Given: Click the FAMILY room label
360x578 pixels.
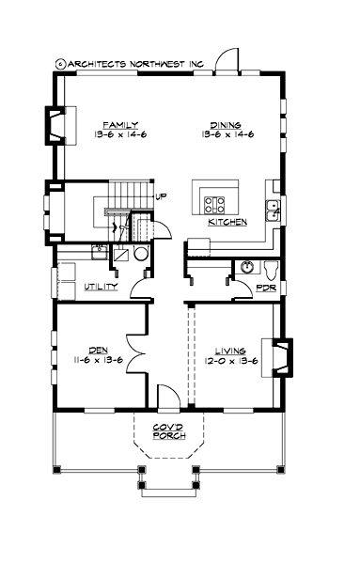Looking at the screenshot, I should (121, 124).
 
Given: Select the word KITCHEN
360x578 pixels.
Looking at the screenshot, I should (227, 222).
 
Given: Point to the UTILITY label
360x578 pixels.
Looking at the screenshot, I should (101, 286).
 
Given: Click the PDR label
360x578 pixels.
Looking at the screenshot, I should (266, 287).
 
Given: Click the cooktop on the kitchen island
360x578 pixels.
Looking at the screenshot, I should (213, 201).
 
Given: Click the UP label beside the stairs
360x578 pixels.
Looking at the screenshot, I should (160, 196).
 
